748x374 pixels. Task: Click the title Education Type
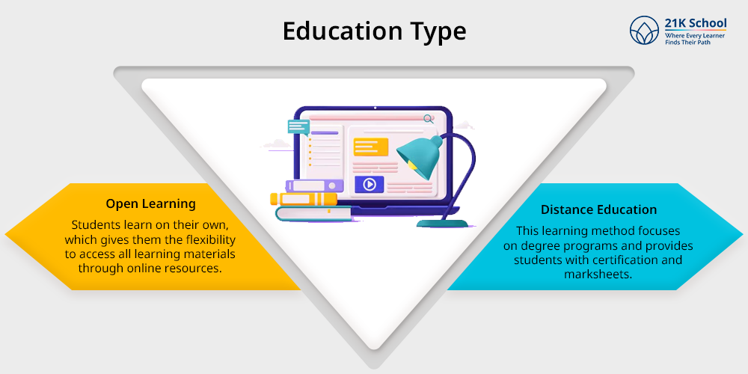[374, 31]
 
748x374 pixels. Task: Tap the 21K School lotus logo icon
[644, 30]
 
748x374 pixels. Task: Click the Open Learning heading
[151, 204]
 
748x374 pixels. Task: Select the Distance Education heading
[598, 209]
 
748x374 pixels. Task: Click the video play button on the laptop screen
[370, 184]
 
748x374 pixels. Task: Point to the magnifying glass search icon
[429, 119]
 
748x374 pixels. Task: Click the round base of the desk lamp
[442, 223]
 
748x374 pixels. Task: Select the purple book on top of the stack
[314, 186]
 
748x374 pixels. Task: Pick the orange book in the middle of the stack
[304, 198]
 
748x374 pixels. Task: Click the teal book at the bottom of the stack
[313, 213]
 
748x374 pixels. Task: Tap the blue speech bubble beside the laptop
[298, 127]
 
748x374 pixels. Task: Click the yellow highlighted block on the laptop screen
[371, 147]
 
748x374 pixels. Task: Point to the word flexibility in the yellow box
[209, 239]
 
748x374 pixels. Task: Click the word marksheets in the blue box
[598, 275]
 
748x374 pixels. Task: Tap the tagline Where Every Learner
[695, 36]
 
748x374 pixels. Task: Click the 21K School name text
[696, 23]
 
